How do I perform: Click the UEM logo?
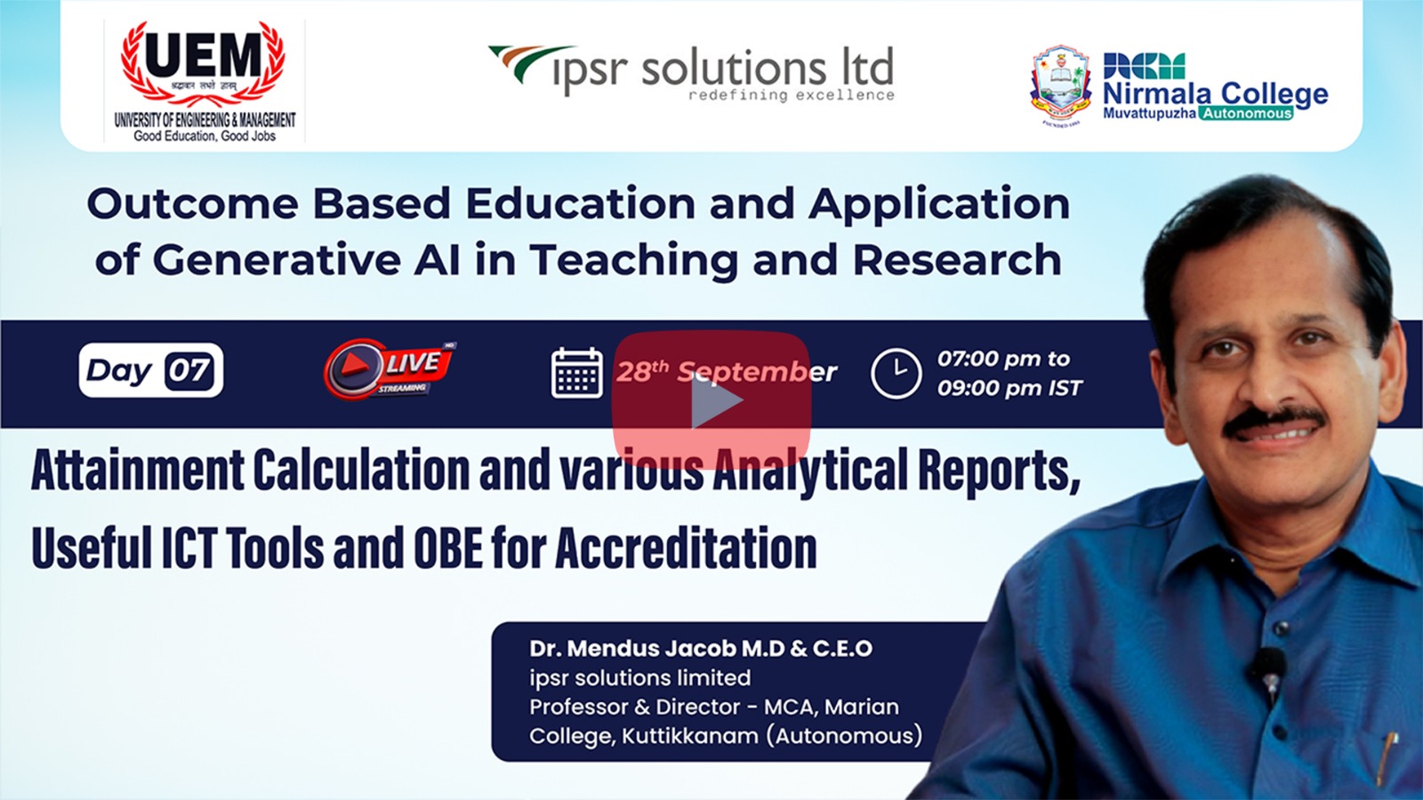(x=204, y=82)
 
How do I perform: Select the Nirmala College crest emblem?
(x=1060, y=85)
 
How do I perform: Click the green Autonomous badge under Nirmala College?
(x=1246, y=114)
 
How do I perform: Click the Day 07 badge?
(x=151, y=370)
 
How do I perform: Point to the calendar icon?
(x=577, y=373)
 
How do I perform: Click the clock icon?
(x=896, y=373)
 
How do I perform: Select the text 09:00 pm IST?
(x=1009, y=388)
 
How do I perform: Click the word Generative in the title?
(x=277, y=260)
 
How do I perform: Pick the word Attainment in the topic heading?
(x=138, y=470)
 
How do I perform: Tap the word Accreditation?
(x=686, y=548)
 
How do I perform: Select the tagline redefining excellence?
(x=792, y=95)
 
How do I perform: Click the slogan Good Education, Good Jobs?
(x=205, y=136)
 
